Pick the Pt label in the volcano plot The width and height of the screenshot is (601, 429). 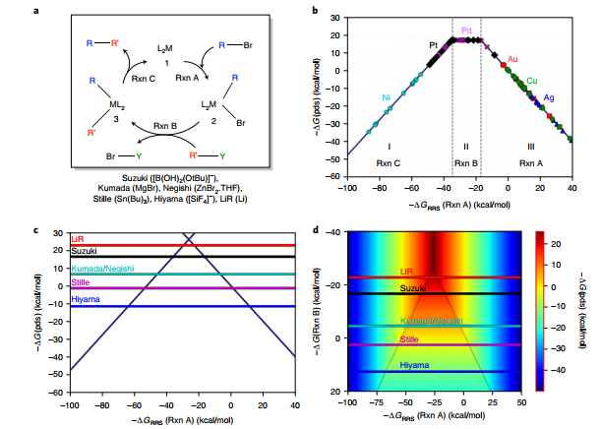pos(433,45)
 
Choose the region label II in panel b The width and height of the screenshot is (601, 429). pos(465,145)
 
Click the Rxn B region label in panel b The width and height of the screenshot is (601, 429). pos(465,162)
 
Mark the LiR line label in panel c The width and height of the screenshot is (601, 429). pos(78,239)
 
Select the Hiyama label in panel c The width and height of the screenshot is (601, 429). pos(85,299)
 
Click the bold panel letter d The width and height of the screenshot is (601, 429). pos(314,232)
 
